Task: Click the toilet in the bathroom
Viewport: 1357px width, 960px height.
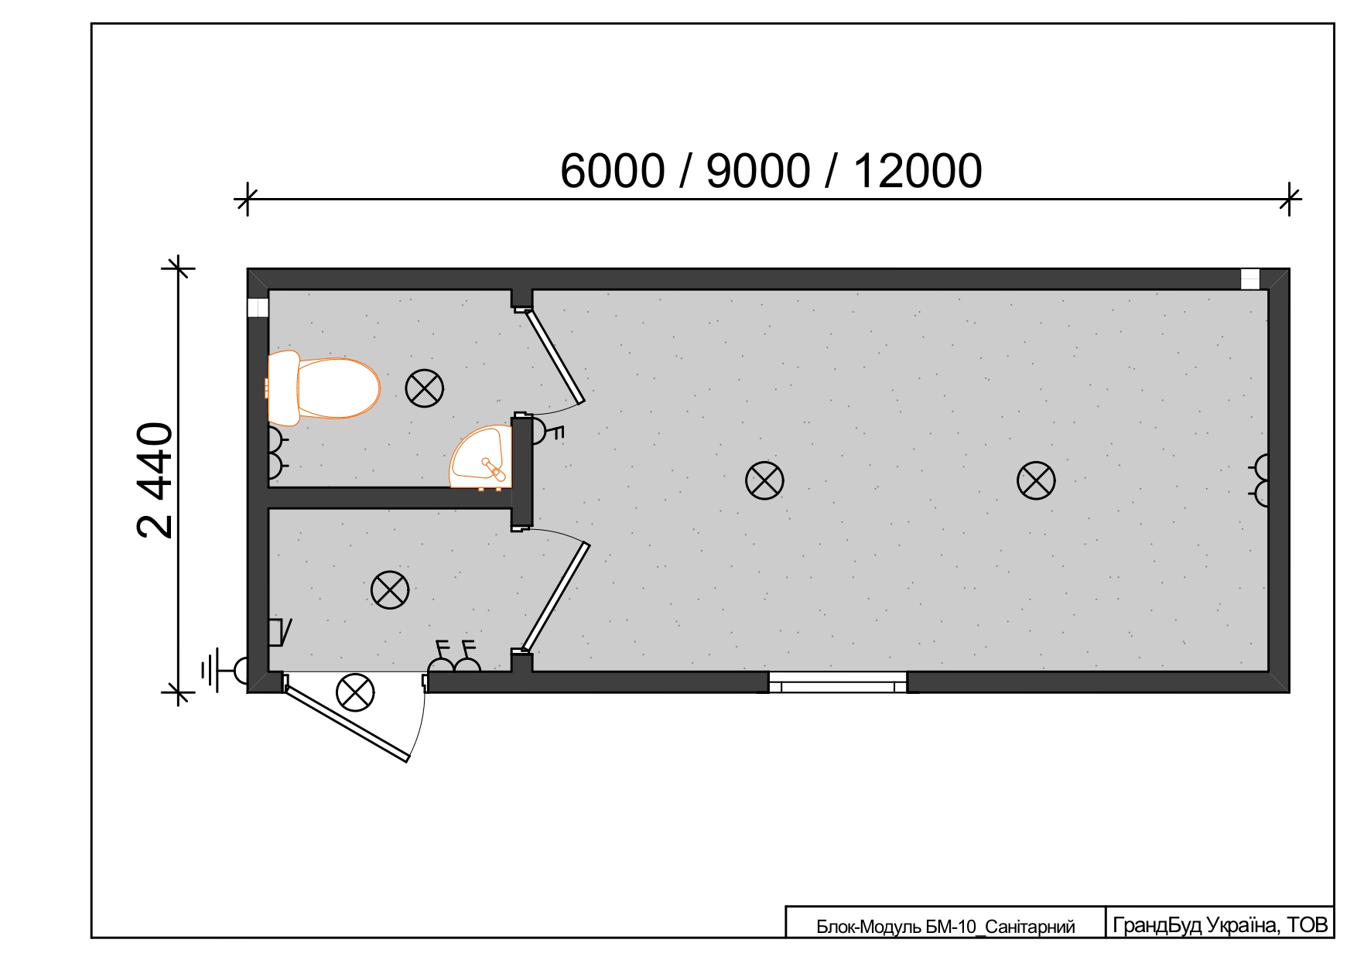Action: pos(323,388)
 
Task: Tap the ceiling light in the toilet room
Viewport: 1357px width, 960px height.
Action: pos(425,388)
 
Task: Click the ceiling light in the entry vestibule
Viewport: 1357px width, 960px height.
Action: pos(390,590)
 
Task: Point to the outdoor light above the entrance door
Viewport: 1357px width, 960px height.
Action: pos(355,692)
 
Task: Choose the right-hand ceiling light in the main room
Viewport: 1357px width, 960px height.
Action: pos(1036,480)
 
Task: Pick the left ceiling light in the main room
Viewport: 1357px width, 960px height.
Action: pos(764,480)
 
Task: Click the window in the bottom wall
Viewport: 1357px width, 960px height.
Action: pos(838,682)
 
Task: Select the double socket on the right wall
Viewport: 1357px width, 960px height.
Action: pos(1260,480)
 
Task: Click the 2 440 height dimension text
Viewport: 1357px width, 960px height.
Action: pos(155,480)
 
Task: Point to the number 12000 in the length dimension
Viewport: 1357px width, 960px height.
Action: pos(918,171)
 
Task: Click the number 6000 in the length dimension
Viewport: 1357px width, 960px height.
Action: pos(613,171)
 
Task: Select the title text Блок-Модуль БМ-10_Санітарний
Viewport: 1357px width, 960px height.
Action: pos(945,927)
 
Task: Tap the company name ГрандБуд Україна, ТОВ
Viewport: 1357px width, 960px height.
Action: pos(1220,924)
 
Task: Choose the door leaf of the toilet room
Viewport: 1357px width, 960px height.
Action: pos(555,357)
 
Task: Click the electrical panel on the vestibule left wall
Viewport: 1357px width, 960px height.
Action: pos(277,632)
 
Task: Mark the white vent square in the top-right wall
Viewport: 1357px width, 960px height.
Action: pos(1250,278)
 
